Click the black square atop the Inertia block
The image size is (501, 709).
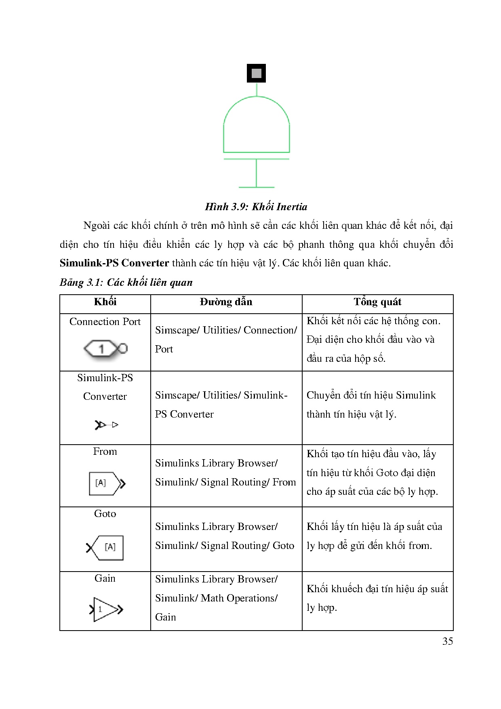pos(256,73)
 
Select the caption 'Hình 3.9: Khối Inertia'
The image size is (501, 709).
pos(256,207)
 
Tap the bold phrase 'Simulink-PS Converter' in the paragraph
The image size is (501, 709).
pos(114,263)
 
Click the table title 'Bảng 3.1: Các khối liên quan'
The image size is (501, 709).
pos(126,282)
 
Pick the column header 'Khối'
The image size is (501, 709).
pos(105,302)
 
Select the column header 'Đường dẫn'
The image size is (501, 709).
pos(226,302)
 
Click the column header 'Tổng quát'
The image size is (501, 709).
pos(377,302)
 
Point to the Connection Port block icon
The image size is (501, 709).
pos(105,348)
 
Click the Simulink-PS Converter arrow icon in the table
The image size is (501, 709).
pos(106,425)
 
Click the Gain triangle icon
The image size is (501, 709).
pos(106,609)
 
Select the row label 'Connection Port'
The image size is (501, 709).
pos(105,322)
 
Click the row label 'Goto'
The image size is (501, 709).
pos(105,514)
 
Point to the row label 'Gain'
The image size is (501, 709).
pos(105,578)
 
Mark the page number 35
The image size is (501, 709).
pos(448,641)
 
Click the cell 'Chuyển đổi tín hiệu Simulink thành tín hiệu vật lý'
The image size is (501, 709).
pos(371,405)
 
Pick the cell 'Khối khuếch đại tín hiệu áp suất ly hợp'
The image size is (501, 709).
pos(377,598)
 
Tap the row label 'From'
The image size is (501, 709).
pos(105,452)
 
